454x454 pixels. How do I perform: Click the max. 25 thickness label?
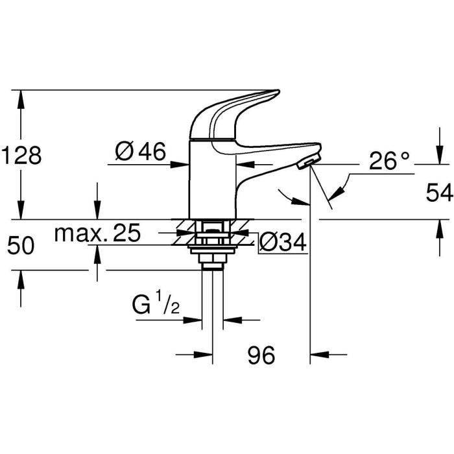(97, 233)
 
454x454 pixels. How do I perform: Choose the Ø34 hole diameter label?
(282, 242)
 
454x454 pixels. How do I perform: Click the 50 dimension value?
(21, 245)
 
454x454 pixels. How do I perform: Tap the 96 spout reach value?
(261, 355)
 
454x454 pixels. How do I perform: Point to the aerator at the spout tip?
(309, 163)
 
